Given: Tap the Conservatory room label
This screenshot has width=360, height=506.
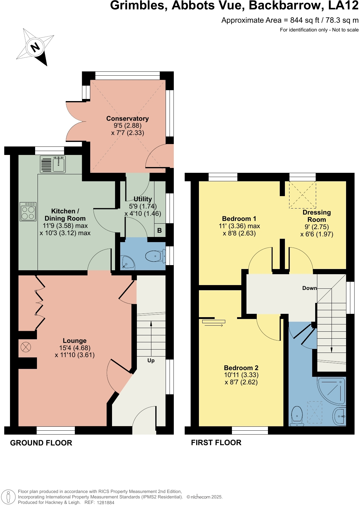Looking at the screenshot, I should point(127,119).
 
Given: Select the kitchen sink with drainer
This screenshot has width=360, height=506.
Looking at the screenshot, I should point(53,164).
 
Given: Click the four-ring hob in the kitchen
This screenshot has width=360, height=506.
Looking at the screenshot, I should point(28,212).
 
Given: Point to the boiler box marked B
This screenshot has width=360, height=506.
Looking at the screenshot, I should point(160,231).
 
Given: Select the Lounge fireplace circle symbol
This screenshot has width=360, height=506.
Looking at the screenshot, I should point(26,347).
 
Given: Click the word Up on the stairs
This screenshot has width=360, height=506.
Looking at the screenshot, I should point(151,360).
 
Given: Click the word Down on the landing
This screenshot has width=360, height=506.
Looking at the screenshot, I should point(309,288).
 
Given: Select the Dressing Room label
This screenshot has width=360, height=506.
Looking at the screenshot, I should point(317,216).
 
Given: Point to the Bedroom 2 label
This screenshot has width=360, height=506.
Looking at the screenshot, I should point(241,368).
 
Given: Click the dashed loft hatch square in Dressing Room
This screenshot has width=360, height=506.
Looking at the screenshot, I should point(302,195).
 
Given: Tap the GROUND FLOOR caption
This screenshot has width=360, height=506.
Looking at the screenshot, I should point(41,443).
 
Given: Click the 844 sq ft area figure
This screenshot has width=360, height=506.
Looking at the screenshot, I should point(304,20).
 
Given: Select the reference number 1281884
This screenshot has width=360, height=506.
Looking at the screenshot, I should point(105,503).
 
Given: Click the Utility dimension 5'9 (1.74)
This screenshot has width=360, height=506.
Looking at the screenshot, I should point(143,206).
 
